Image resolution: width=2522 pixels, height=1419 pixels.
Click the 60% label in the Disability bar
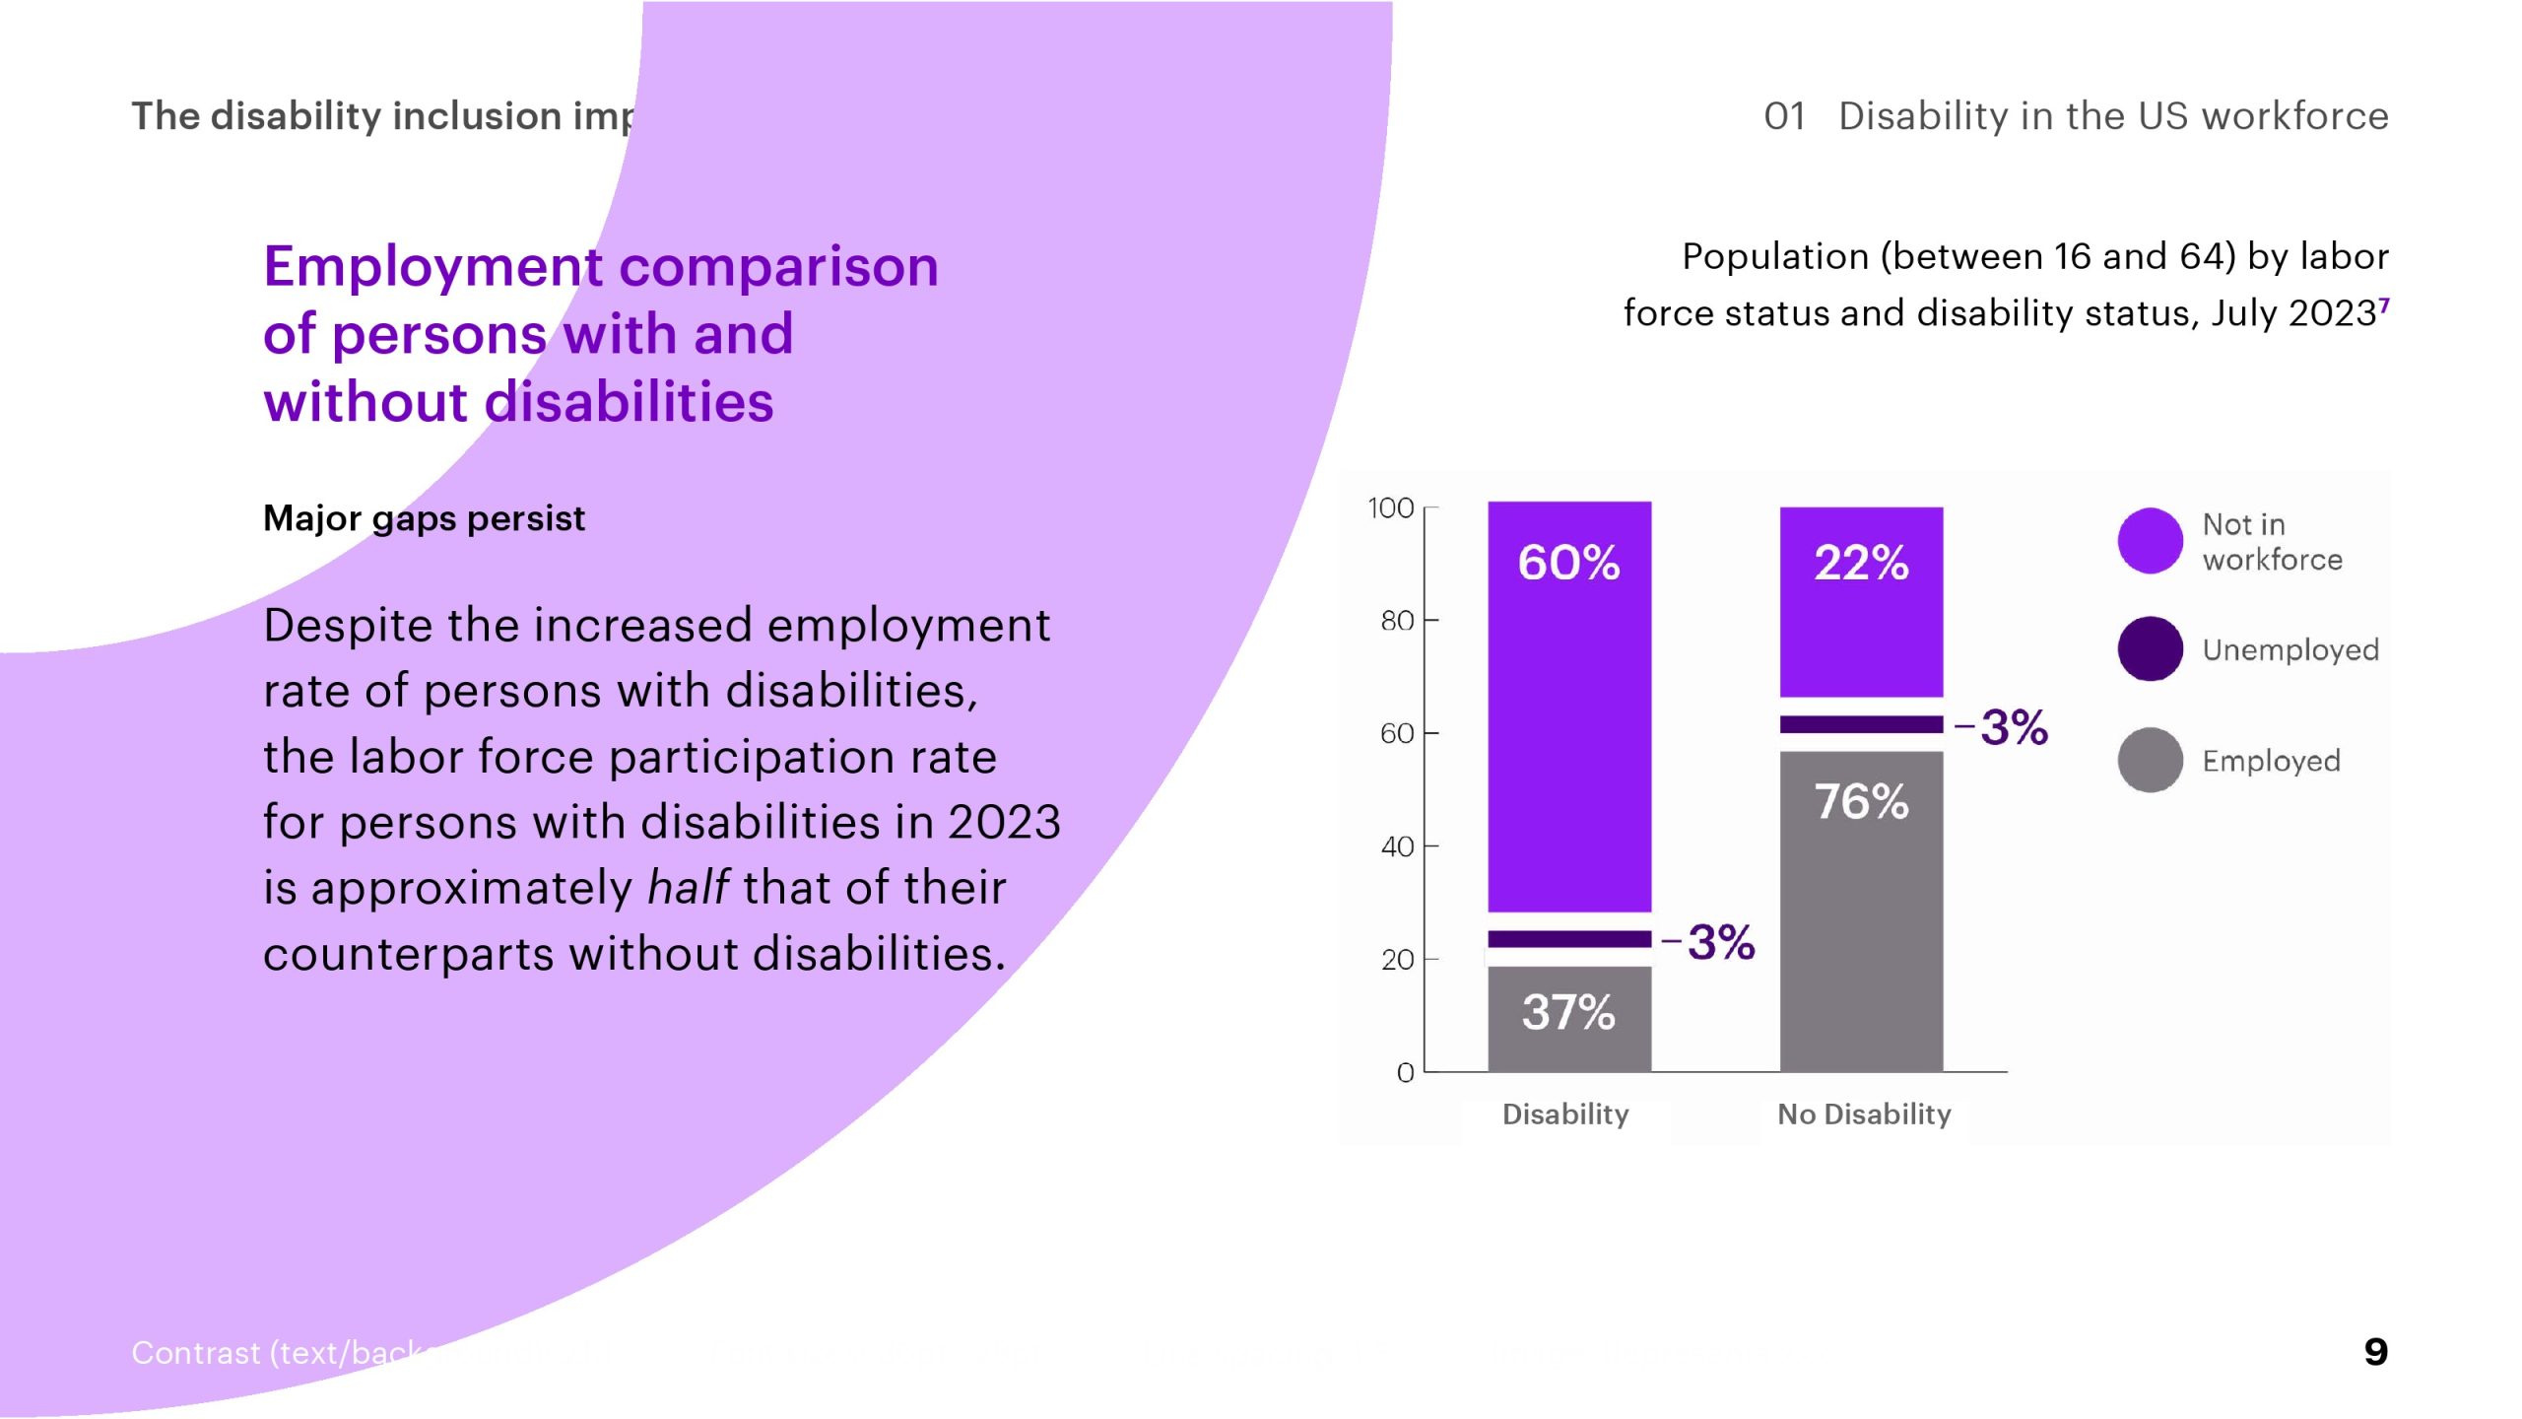coord(1568,563)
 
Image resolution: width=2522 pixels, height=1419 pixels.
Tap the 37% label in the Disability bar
coord(1568,1012)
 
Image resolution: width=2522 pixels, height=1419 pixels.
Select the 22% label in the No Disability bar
coord(1861,563)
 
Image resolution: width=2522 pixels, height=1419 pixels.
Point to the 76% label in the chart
coord(1861,801)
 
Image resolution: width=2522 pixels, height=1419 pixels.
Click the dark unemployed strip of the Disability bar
coord(1568,939)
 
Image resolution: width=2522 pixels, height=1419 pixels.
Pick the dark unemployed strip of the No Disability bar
coord(1861,725)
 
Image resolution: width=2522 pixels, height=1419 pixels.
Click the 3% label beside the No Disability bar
coord(2014,728)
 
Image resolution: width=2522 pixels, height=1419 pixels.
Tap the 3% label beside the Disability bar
coord(1721,943)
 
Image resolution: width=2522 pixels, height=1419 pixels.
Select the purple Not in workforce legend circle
coord(2150,541)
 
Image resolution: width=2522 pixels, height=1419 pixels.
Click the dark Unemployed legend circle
coord(2150,649)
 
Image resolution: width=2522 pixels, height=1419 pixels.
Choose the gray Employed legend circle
coord(2150,760)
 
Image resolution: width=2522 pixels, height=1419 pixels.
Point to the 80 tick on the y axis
coord(1397,621)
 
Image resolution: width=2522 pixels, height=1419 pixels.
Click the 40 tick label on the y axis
coord(1397,846)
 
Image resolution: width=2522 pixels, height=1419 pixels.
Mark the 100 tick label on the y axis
coord(1390,508)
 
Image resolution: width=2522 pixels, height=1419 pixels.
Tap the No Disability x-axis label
coord(1864,1115)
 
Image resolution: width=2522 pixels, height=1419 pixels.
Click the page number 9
coord(2375,1352)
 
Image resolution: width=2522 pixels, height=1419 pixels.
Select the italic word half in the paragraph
coord(688,888)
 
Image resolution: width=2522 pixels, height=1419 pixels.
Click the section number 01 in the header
coord(1784,116)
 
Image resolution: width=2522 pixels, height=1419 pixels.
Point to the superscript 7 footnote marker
coord(2384,304)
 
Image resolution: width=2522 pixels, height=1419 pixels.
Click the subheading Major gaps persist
coord(424,518)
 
